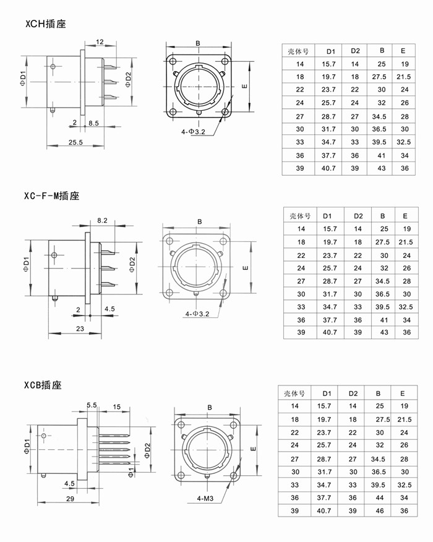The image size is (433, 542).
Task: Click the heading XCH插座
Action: tap(45, 24)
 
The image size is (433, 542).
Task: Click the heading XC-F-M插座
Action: tap(52, 196)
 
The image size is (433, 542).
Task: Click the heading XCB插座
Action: tap(43, 385)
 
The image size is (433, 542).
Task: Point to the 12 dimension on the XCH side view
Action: tap(100, 42)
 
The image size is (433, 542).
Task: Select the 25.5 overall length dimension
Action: tap(75, 142)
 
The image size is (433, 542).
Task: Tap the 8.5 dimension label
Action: tap(93, 123)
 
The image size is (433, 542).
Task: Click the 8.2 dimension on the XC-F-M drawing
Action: tap(102, 220)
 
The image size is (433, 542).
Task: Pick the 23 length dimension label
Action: tap(80, 329)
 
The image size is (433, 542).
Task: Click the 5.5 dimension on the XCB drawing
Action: tap(92, 405)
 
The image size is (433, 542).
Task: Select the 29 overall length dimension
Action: tap(70, 499)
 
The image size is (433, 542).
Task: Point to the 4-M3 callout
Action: tap(205, 498)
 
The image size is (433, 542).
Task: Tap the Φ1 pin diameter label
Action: tap(131, 473)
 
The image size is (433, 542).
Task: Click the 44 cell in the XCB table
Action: tap(379, 497)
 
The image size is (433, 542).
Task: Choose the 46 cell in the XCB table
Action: tap(379, 510)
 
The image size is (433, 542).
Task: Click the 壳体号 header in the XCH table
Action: tap(298, 51)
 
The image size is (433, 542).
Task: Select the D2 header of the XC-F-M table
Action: tap(358, 216)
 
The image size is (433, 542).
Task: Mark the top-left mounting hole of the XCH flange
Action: tap(172, 61)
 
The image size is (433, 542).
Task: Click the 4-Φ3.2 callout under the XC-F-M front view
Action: tap(197, 314)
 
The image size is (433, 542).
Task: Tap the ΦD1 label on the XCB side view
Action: tap(27, 446)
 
